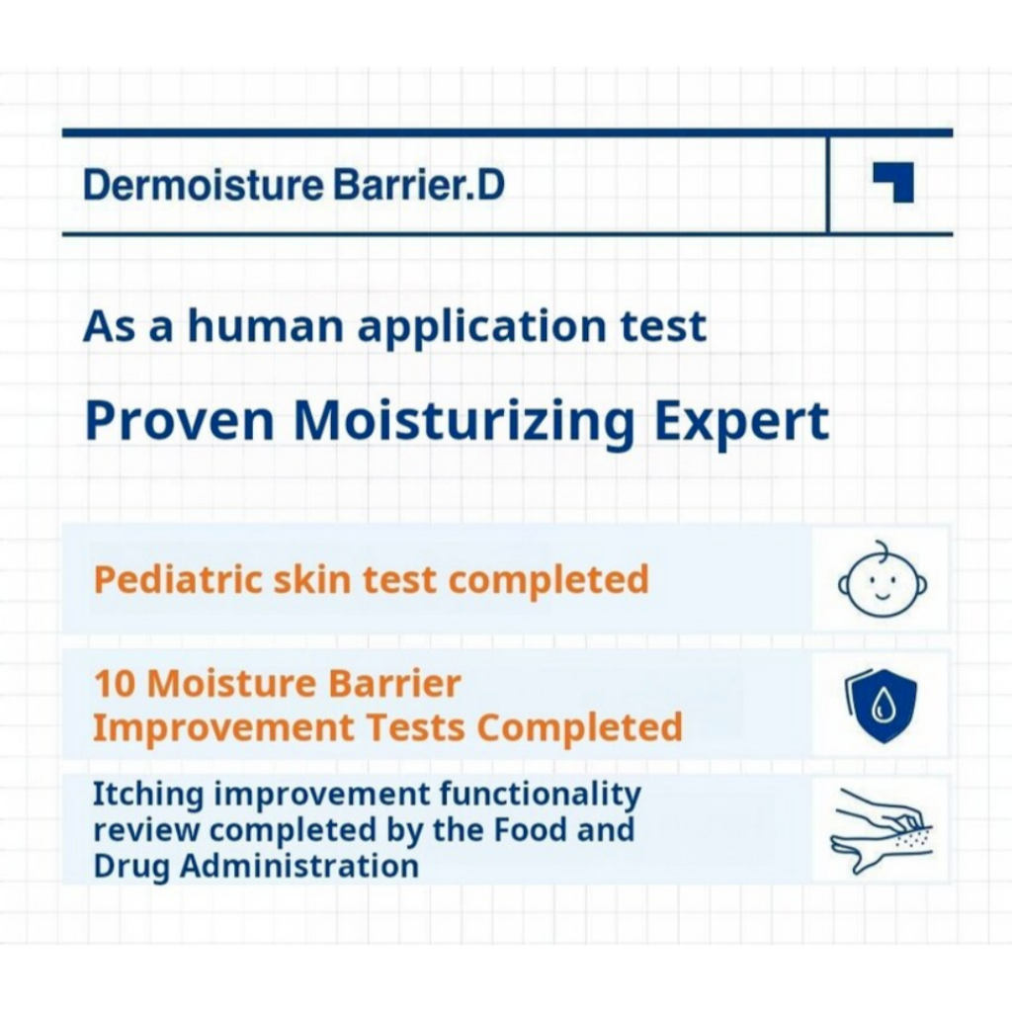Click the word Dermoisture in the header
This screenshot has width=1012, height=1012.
203,185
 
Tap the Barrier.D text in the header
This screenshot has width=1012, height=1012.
418,185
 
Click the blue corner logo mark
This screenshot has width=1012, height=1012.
893,182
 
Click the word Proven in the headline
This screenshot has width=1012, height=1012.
180,421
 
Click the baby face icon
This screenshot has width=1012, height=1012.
883,579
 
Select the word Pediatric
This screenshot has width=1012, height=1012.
178,579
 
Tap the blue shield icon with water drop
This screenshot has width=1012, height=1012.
881,706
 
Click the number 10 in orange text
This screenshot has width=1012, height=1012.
115,684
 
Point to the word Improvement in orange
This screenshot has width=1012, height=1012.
223,727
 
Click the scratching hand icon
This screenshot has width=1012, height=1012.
882,832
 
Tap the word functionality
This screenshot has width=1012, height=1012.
541,795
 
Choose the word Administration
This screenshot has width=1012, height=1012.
299,866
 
